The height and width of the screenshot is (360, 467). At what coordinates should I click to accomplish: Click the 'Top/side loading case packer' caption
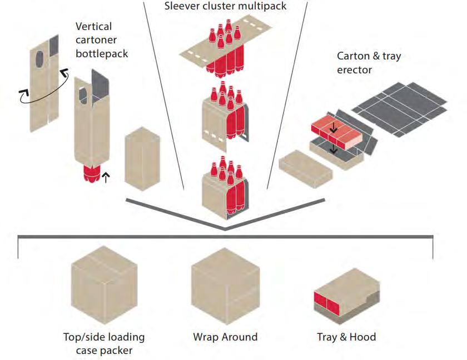104,343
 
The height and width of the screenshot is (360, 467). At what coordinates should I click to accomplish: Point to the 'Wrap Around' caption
225,337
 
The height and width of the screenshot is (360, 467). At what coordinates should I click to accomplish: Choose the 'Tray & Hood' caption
346,337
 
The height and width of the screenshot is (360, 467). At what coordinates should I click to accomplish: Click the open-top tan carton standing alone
142,162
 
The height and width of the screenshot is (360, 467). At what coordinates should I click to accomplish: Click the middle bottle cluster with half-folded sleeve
225,114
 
